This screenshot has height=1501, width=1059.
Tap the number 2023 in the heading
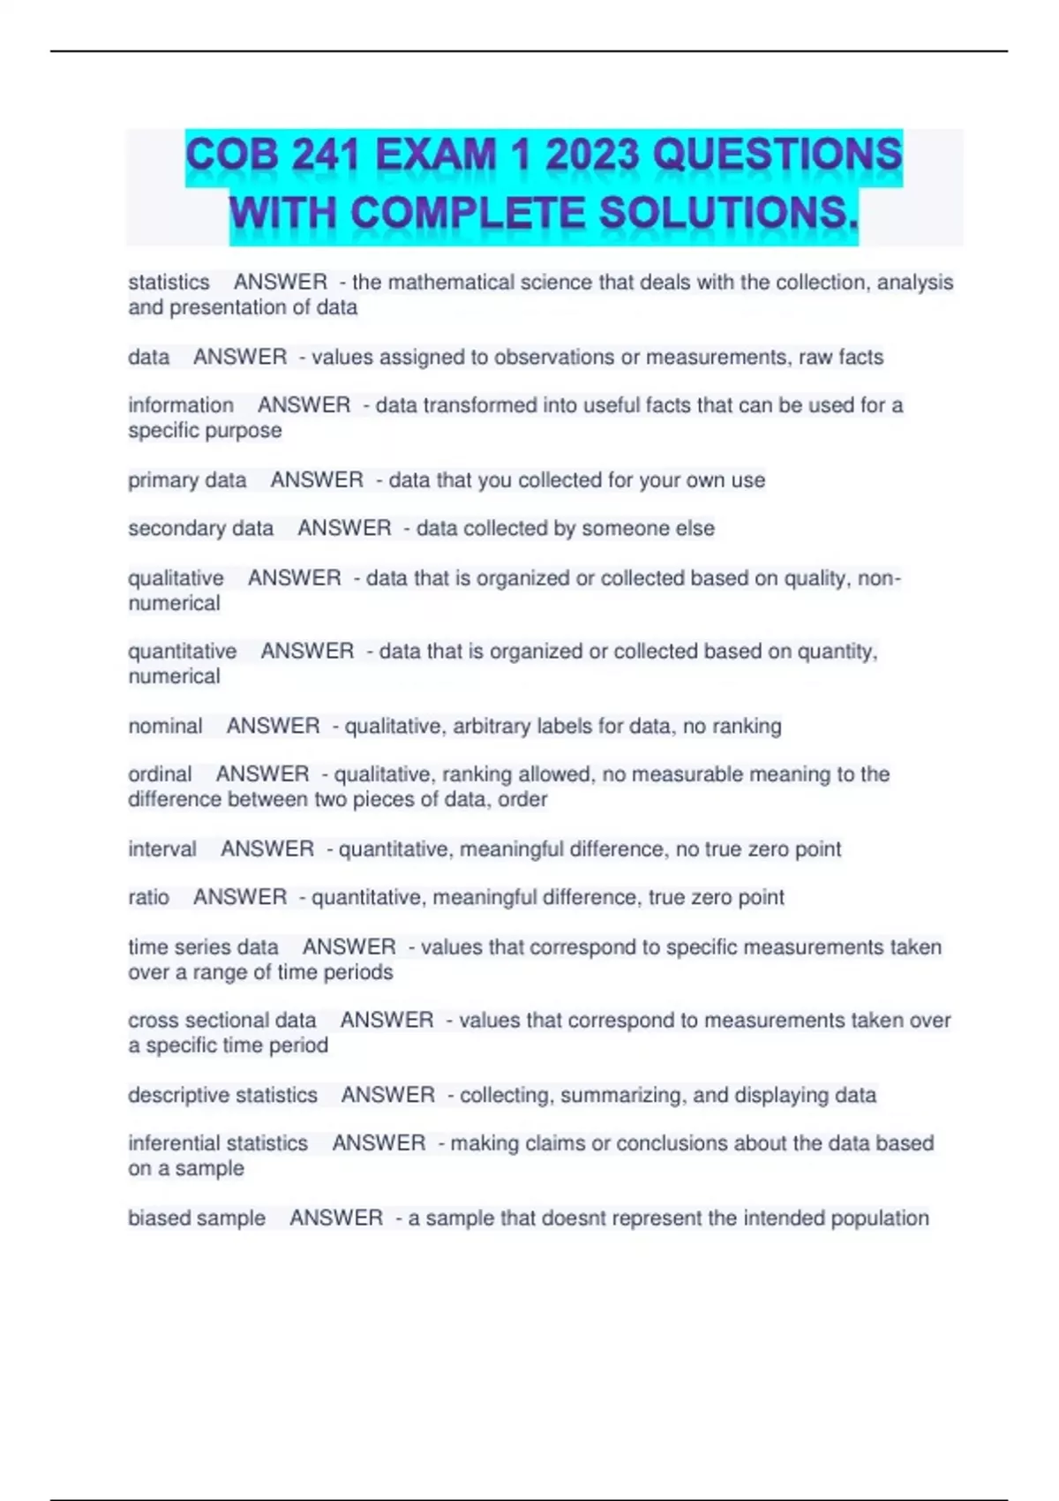point(592,156)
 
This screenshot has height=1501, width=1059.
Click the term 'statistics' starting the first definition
point(169,283)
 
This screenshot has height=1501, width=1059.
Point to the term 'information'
point(181,405)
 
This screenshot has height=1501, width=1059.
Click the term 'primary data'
point(187,480)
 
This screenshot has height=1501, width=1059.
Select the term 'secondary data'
point(200,529)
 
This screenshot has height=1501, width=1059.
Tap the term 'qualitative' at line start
point(176,578)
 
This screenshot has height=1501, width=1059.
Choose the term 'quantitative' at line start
point(183,652)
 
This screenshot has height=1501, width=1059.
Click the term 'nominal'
point(165,727)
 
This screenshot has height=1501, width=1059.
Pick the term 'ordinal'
point(160,774)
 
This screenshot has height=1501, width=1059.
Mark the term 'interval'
point(162,849)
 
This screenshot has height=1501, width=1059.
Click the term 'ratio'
point(148,898)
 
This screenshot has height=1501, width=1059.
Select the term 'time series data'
point(203,947)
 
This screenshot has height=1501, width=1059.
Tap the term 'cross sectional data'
point(222,1021)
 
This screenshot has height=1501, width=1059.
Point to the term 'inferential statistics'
point(218,1143)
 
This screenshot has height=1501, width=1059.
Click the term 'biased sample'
point(197,1218)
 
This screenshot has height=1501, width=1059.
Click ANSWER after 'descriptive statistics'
point(388,1096)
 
